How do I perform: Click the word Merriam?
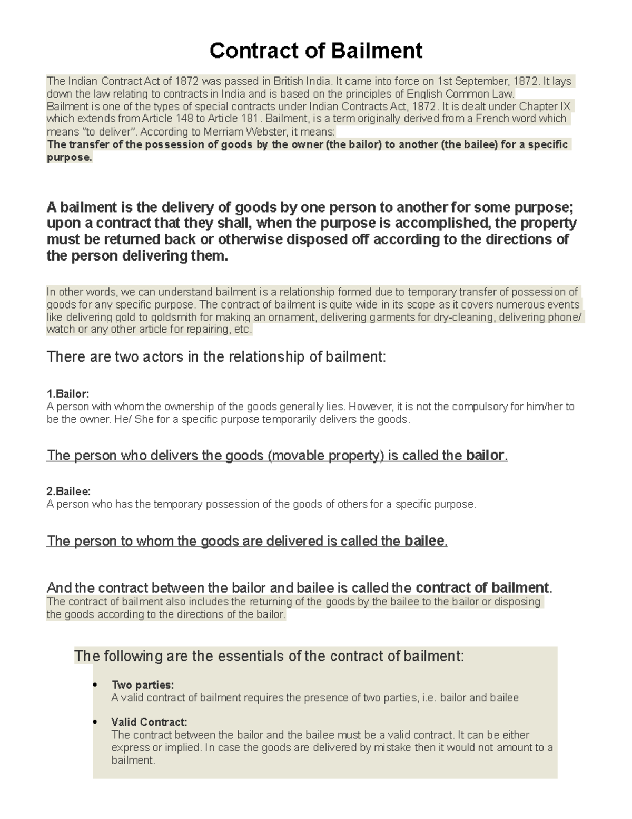(207, 131)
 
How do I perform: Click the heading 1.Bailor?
(68, 394)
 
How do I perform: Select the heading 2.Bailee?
(68, 492)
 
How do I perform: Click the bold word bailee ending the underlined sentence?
(424, 541)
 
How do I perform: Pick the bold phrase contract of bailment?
(482, 587)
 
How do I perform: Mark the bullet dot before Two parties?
(95, 686)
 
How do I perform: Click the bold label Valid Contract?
(149, 722)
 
